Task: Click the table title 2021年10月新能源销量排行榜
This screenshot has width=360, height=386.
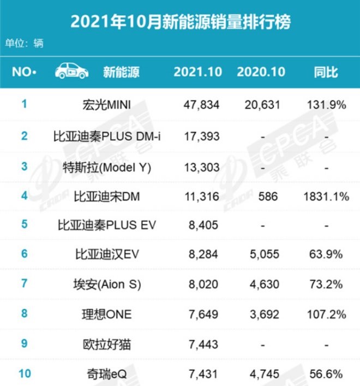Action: pyautogui.click(x=180, y=22)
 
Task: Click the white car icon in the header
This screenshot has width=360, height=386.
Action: pyautogui.click(x=71, y=72)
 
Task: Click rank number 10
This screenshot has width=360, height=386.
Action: pyautogui.click(x=24, y=373)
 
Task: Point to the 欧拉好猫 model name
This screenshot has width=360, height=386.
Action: pyautogui.click(x=107, y=343)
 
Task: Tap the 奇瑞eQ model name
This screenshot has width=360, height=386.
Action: pyautogui.click(x=107, y=373)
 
